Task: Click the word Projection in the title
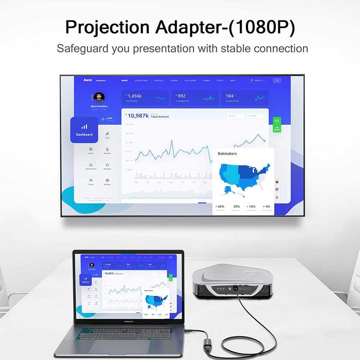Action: point(107,27)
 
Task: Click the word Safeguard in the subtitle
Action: point(83,49)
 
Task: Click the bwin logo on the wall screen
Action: point(88,80)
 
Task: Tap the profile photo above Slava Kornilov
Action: point(99,97)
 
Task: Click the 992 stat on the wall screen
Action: point(181,96)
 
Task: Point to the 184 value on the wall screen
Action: point(230,96)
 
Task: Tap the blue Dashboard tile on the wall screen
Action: point(84,130)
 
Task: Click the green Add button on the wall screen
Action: point(276,124)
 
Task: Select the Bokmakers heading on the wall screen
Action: point(227,154)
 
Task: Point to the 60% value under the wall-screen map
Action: point(220,206)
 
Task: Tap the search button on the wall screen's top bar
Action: point(277,80)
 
